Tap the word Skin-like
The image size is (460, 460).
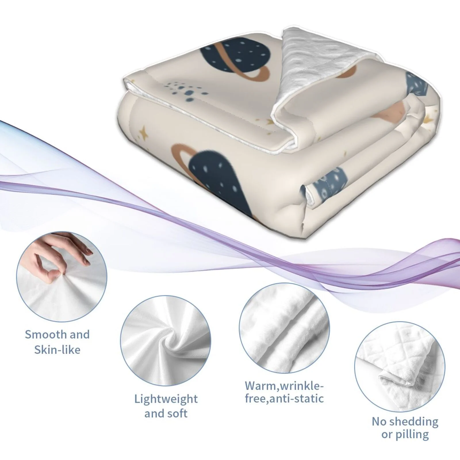[x=57, y=350]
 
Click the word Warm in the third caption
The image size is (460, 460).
[x=260, y=385]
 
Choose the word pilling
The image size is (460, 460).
[x=413, y=435]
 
